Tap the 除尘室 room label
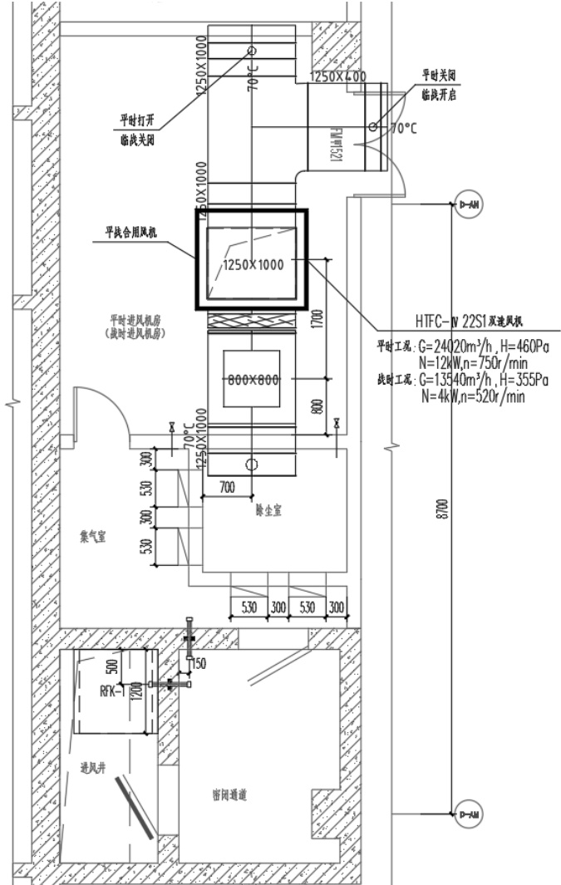click(x=269, y=511)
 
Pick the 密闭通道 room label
click(x=230, y=794)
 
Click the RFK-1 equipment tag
click(x=111, y=690)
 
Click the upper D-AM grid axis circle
click(x=469, y=204)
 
